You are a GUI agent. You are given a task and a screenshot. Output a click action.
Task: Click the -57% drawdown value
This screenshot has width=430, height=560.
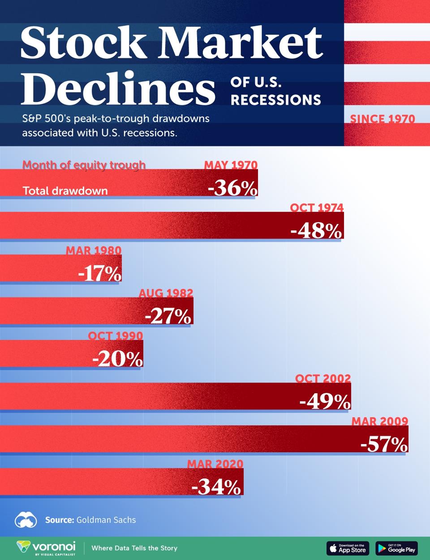click(x=384, y=445)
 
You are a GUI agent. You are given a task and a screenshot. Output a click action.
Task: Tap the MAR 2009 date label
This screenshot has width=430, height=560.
click(x=380, y=421)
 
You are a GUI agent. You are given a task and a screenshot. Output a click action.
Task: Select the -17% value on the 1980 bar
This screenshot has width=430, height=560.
click(x=99, y=274)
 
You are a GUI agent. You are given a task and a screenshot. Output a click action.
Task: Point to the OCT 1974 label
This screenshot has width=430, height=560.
click(x=317, y=208)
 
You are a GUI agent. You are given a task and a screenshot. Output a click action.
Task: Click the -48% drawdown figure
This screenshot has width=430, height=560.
click(x=316, y=231)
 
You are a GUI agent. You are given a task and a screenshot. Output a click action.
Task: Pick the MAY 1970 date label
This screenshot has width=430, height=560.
click(x=231, y=165)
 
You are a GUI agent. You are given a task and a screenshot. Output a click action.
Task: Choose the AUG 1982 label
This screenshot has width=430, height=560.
click(x=166, y=293)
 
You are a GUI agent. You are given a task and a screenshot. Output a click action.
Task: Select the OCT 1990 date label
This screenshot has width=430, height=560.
click(x=116, y=336)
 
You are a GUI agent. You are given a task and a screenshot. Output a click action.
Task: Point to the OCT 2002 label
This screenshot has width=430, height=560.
click(x=322, y=379)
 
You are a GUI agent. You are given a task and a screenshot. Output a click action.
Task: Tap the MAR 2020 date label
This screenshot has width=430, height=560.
click(x=215, y=464)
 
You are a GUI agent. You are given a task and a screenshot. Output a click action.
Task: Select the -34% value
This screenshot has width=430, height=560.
click(x=217, y=487)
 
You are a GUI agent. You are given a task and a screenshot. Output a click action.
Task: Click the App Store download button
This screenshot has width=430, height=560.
click(x=348, y=548)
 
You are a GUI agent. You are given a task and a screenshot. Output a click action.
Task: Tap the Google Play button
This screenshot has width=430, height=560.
click(x=396, y=548)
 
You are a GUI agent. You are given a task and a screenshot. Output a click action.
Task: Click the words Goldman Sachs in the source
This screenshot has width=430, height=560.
click(x=106, y=520)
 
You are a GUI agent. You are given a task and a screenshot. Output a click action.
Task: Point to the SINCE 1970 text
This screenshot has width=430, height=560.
click(x=383, y=119)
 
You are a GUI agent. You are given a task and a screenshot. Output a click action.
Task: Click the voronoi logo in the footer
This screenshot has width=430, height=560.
click(x=46, y=547)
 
